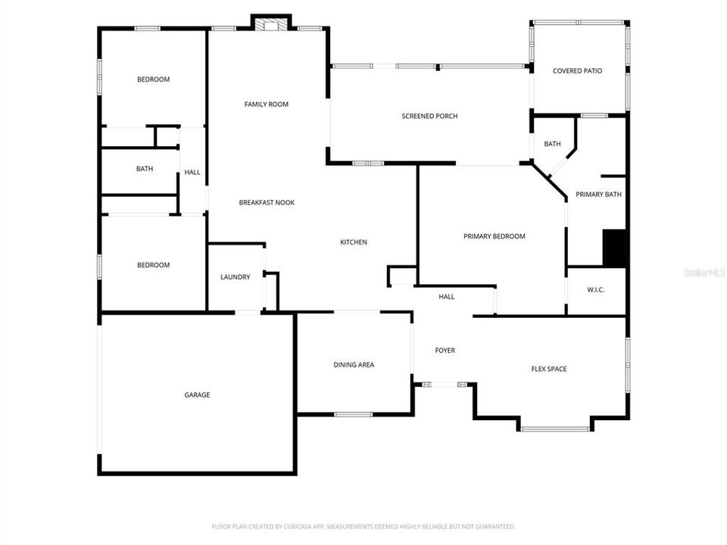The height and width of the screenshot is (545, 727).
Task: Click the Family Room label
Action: pos(266,104)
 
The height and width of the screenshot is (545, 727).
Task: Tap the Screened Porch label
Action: pos(429,116)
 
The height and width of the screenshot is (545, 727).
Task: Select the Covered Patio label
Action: pos(577,71)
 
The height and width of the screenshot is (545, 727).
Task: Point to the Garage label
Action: pos(197,394)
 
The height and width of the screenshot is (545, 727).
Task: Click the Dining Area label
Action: pos(354,365)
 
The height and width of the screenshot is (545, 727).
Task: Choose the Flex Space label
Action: pos(548,369)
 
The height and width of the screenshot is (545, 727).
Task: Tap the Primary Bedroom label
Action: pos(494,236)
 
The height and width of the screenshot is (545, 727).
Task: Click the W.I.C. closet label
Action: pos(596,290)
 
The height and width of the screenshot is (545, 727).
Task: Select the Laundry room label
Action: pos(235,277)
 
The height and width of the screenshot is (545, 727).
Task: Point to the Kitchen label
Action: pos(353,242)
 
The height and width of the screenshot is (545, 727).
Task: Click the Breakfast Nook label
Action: pos(267,202)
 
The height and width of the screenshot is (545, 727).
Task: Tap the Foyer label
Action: pos(445,350)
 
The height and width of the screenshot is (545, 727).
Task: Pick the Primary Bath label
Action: pos(598,195)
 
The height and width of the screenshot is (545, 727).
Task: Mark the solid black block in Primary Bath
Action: pos(613,248)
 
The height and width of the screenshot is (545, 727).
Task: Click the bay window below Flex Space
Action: pos(554,429)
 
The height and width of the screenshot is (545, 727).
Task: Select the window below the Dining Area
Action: pos(353,414)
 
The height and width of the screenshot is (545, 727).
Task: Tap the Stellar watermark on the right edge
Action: pos(704,272)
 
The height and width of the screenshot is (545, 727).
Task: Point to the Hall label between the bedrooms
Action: pos(192,173)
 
